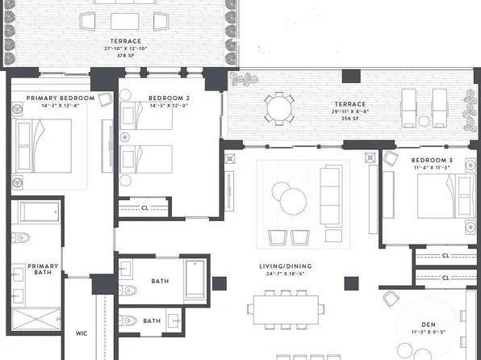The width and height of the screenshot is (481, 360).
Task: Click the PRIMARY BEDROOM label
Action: click(x=61, y=98)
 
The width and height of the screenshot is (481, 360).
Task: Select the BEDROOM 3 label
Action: click(x=432, y=161)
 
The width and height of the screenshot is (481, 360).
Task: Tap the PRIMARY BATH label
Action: click(x=43, y=270)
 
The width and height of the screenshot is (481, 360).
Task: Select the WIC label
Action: click(x=81, y=333)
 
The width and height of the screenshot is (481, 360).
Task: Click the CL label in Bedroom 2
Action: click(x=144, y=207)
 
